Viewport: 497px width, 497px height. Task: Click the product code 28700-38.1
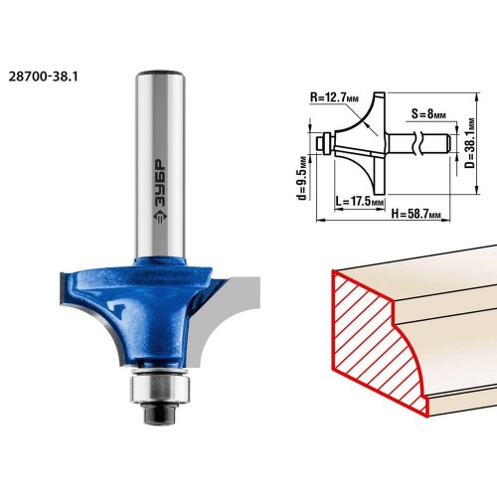(43, 78)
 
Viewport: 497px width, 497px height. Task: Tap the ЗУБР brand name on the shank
(161, 184)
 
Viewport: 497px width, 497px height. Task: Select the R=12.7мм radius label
(335, 97)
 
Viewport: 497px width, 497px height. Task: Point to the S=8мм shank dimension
(428, 114)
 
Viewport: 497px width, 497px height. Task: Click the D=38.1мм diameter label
(470, 143)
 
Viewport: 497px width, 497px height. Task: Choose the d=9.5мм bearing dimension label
(301, 178)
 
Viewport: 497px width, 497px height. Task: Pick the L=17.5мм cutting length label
(360, 201)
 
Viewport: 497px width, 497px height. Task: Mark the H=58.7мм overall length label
(416, 213)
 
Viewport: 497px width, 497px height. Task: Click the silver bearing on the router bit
(159, 388)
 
